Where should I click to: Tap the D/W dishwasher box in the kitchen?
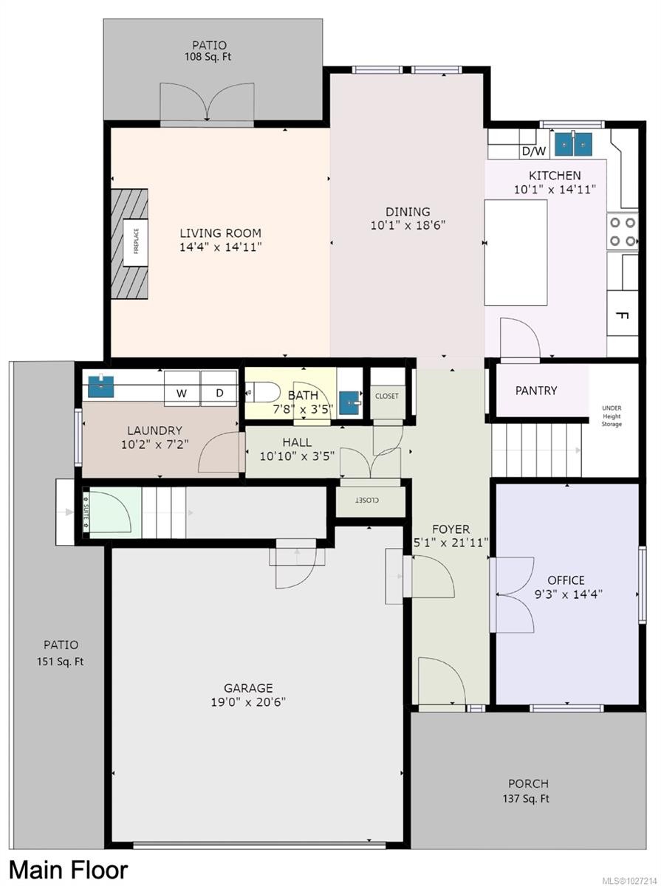click(534, 151)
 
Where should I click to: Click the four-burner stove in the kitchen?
click(623, 231)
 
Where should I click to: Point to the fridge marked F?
click(622, 316)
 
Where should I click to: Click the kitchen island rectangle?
click(516, 252)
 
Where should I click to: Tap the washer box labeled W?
click(181, 394)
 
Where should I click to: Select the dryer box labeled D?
click(219, 394)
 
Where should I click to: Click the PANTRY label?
click(536, 391)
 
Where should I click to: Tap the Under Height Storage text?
click(612, 416)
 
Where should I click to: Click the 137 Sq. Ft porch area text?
click(528, 798)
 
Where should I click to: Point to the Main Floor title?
click(68, 870)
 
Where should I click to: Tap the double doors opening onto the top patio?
click(207, 103)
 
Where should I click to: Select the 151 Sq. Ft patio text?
click(61, 662)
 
